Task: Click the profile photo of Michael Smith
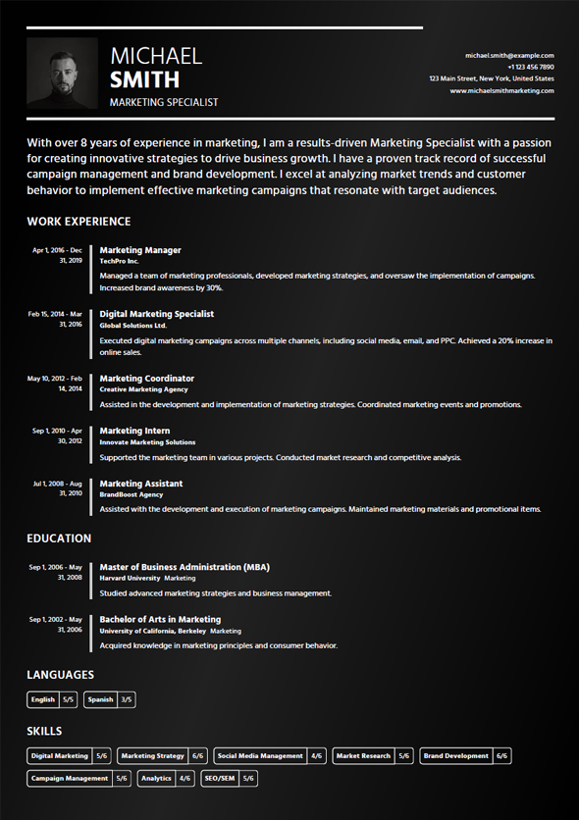click(x=62, y=73)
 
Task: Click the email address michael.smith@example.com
click(x=509, y=56)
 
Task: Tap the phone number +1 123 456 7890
click(x=530, y=67)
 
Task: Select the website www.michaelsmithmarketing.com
click(x=501, y=90)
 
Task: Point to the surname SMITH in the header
click(x=145, y=79)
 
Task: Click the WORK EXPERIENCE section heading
click(x=79, y=222)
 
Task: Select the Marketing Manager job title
click(x=140, y=250)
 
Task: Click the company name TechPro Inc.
click(x=120, y=262)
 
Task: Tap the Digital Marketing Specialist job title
click(x=157, y=314)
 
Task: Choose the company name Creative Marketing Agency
click(x=143, y=389)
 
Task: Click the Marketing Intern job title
click(x=134, y=431)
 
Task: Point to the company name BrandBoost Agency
click(x=132, y=495)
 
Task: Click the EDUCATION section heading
click(x=59, y=538)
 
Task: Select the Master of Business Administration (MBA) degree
click(x=184, y=567)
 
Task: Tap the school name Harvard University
click(x=130, y=579)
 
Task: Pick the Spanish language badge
click(x=100, y=700)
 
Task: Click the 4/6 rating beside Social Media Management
click(x=317, y=756)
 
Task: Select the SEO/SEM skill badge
click(x=219, y=779)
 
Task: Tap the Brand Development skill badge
click(x=455, y=756)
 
